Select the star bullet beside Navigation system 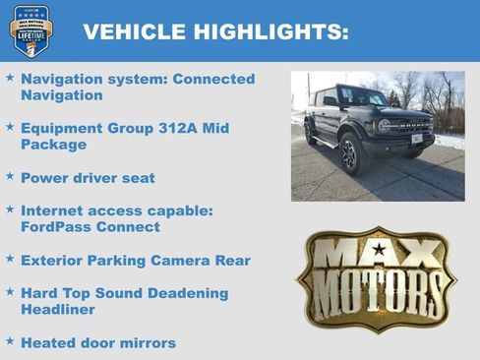pos(10,77)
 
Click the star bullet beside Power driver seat pos(10,177)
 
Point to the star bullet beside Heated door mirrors pos(10,341)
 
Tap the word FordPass pos(51,227)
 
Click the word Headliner pos(56,309)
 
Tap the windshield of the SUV pos(361,97)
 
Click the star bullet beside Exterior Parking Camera pos(10,260)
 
